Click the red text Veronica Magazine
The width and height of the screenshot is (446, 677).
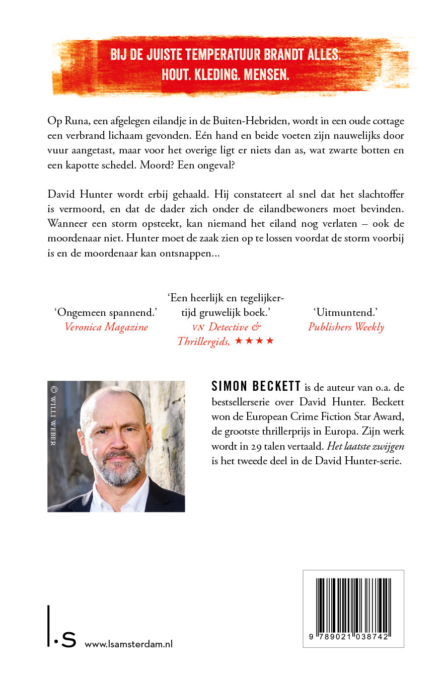pos(106,327)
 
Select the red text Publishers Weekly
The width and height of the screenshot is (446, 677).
pos(346,327)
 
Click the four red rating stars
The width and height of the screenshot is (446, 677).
pos(254,342)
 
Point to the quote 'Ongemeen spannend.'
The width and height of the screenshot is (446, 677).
pos(106,312)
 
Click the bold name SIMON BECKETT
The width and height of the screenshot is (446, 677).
pos(256,387)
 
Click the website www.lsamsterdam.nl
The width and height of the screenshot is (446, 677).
pos(128,644)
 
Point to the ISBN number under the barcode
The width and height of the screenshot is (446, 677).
pos(353,636)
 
